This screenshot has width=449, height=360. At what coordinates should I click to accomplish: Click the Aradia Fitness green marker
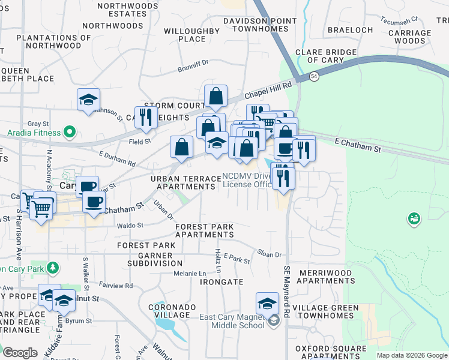[x=70, y=131]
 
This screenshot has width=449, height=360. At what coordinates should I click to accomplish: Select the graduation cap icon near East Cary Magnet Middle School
[x=267, y=303]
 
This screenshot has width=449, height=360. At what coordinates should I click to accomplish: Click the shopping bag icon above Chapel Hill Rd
[x=215, y=95]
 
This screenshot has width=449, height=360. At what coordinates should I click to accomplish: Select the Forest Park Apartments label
[x=204, y=230]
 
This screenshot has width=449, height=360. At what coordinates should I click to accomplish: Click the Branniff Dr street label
[x=193, y=66]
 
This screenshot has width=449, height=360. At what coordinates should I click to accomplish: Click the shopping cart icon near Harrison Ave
[x=41, y=207]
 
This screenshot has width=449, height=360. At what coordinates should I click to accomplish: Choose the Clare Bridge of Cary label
[x=326, y=56]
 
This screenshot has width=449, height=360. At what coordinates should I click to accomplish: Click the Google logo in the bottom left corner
[x=20, y=352]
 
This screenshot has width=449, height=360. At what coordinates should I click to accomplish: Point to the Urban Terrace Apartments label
[x=185, y=183]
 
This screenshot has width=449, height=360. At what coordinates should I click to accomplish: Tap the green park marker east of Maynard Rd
[x=414, y=219]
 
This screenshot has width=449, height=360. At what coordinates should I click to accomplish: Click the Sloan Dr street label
[x=270, y=254]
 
